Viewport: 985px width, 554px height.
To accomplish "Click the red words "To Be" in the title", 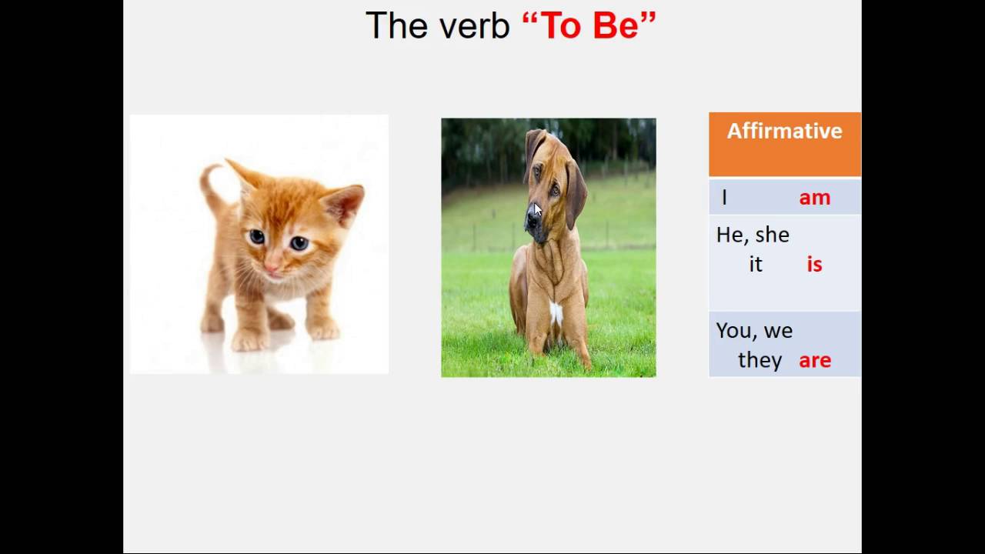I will click(x=589, y=26).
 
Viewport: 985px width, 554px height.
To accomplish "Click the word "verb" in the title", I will click(x=475, y=26).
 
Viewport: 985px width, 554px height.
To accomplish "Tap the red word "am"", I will click(x=814, y=199).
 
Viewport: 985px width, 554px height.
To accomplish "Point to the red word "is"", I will click(x=814, y=265).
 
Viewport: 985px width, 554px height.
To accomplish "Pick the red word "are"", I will click(x=814, y=360).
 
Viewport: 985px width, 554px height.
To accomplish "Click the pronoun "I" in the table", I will click(x=724, y=199).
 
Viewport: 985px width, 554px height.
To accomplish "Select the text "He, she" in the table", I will click(x=753, y=235).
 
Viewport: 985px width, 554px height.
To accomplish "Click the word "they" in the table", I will click(x=760, y=360).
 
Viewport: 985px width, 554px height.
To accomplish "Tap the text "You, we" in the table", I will click(x=754, y=331).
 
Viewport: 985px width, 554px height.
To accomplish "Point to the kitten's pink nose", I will click(x=272, y=269).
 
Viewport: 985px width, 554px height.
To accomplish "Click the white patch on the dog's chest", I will click(x=556, y=312).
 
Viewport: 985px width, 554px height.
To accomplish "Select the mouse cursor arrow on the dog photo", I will click(x=537, y=211).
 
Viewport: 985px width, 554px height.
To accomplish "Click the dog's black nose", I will click(x=531, y=223).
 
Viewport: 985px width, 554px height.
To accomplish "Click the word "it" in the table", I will click(x=756, y=265).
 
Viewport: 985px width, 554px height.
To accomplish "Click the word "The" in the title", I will click(x=396, y=26).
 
